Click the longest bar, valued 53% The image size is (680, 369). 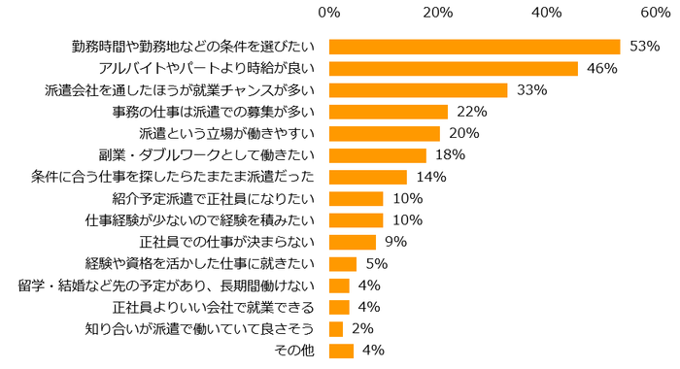(x=474, y=47)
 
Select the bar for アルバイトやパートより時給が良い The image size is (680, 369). (x=454, y=68)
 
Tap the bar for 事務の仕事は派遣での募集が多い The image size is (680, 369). (x=389, y=112)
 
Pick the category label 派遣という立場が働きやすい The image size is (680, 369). (x=230, y=133)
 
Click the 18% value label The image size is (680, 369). (x=450, y=155)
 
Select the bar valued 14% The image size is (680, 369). (x=368, y=177)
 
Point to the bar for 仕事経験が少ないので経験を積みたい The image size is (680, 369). (x=357, y=220)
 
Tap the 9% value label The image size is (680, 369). (x=395, y=242)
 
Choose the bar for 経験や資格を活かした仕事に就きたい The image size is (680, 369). (x=343, y=263)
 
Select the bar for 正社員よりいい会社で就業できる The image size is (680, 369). (x=339, y=307)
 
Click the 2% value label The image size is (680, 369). (x=362, y=328)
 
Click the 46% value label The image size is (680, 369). (x=601, y=68)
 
